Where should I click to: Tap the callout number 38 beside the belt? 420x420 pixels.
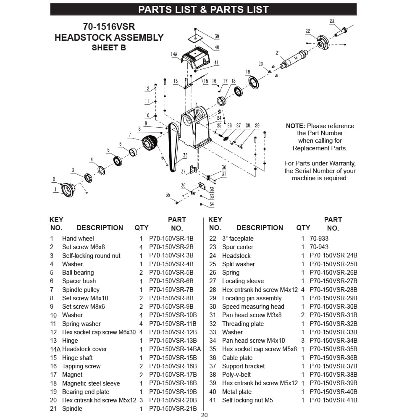point(185,155)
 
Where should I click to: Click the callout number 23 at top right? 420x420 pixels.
point(332,21)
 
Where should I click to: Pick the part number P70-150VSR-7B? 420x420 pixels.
point(171,289)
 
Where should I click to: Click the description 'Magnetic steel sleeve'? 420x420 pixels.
point(91,383)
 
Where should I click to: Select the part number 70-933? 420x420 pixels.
point(319,239)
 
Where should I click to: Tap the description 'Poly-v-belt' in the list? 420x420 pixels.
point(236,375)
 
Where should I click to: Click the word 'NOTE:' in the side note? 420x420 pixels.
point(296,126)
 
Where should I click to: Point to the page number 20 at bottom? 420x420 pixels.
point(204,415)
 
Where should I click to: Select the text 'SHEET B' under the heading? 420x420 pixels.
point(109,47)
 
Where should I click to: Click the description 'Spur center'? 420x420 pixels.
point(238,247)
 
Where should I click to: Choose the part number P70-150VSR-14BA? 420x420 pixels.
point(175,349)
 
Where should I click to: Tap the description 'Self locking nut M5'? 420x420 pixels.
point(247,400)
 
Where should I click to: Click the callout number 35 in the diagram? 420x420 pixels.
point(168,195)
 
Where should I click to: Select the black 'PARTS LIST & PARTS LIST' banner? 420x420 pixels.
point(203,9)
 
